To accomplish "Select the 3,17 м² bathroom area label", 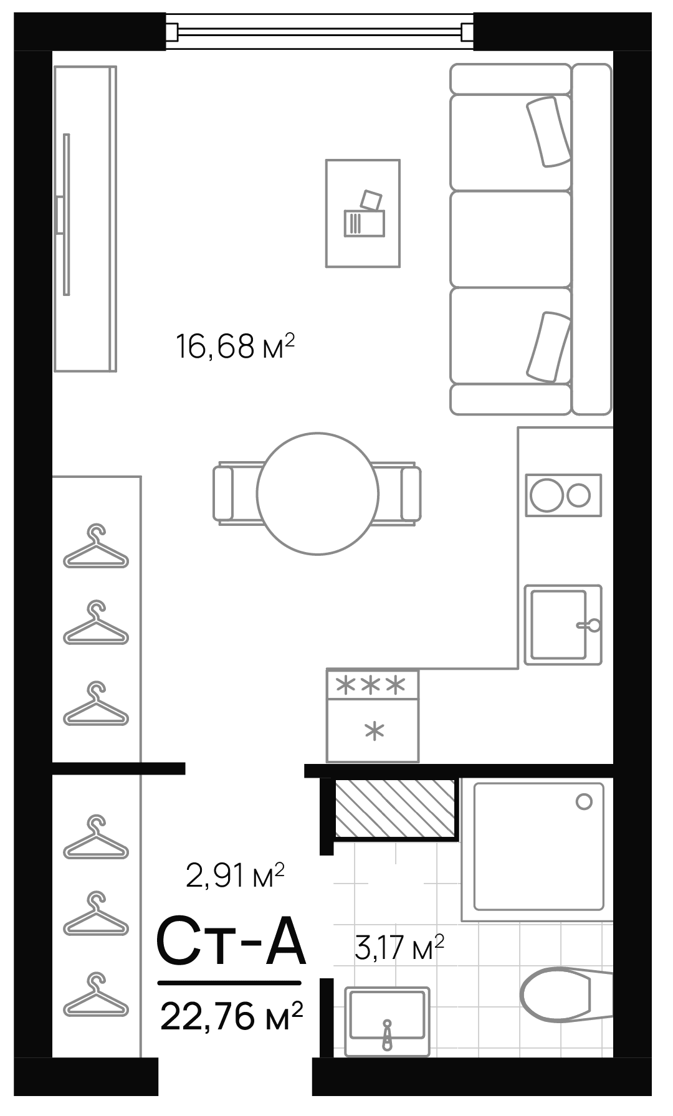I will pos(399,947).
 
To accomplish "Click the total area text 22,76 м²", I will pos(231,1016).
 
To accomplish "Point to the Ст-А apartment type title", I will pos(230,941).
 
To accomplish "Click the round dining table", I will pos(317,493).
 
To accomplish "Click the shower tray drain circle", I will pos(584,801).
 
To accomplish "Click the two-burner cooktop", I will pos(563,495).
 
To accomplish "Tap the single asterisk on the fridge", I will pos(374,730).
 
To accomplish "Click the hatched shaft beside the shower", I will pos(395,808).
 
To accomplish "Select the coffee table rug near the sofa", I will pos(363,213).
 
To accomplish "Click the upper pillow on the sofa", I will pos(549,131).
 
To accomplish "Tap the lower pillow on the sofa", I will pos(549,346).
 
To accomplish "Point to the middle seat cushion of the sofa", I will pos(510,239).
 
